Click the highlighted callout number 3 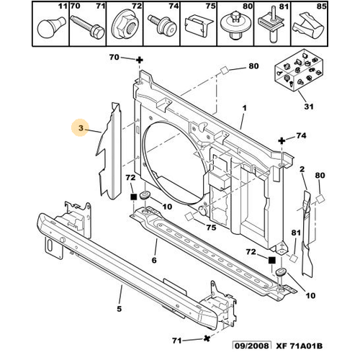(81, 128)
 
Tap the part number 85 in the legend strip (321, 6)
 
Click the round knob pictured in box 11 (51, 27)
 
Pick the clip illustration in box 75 (199, 26)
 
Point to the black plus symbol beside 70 (140, 60)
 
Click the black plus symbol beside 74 (282, 140)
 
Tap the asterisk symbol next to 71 (207, 338)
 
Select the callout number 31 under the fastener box (309, 107)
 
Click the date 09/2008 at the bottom (252, 346)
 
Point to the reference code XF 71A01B (299, 346)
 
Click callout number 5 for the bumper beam (120, 309)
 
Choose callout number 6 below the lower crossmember (154, 260)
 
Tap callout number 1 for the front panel (244, 108)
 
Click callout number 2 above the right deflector (302, 169)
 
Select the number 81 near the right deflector (296, 233)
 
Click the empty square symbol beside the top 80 (225, 71)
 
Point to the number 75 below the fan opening (211, 228)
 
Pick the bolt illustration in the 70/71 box (87, 27)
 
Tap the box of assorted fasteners (299, 70)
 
